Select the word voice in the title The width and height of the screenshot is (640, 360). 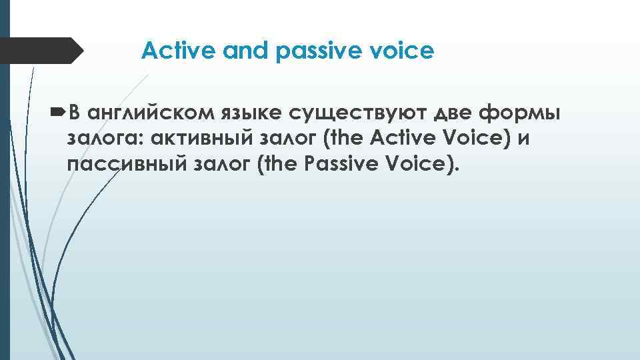click(x=405, y=50)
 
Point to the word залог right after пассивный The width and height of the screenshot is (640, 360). click(x=213, y=165)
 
